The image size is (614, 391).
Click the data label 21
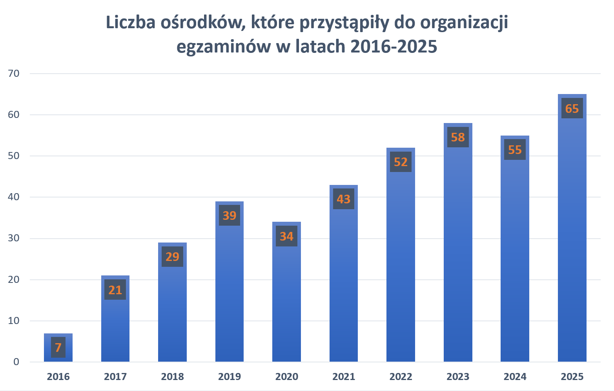[115, 290]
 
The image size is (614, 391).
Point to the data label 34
[286, 236]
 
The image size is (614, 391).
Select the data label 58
[458, 137]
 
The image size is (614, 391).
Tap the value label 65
[572, 108]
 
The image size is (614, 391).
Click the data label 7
[58, 348]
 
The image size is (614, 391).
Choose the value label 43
[344, 199]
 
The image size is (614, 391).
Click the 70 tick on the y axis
[14, 73]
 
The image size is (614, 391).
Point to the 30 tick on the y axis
[14, 238]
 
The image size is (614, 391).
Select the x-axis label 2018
[172, 377]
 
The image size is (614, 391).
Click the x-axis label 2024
[515, 377]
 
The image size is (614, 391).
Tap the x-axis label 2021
[344, 377]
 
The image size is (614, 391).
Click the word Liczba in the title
[131, 22]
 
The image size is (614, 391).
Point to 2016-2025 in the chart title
[394, 47]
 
